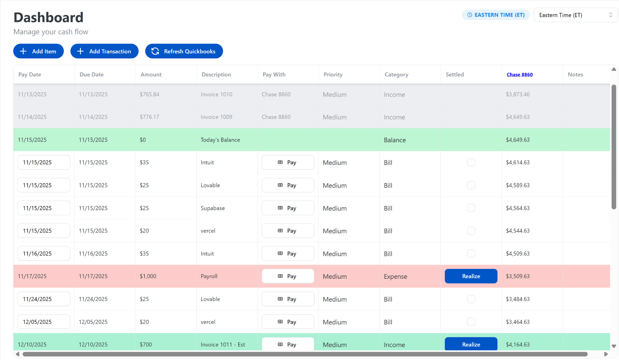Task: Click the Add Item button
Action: point(38,51)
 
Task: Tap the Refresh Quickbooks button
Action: point(184,51)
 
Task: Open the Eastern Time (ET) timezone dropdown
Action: point(575,15)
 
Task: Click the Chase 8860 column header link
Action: point(519,74)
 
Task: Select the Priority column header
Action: point(333,74)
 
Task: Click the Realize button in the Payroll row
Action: point(471,276)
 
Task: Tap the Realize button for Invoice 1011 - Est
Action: point(471,344)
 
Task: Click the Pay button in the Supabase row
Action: point(288,208)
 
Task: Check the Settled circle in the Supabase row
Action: point(471,208)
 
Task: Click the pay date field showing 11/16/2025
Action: point(44,254)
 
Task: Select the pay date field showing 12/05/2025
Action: point(44,322)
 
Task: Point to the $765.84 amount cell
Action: point(149,94)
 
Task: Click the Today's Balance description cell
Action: point(220,140)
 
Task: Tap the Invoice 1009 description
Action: point(216,117)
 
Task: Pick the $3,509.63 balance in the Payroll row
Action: point(517,276)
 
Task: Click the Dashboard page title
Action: point(48,17)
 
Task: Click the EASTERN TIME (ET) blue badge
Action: point(496,15)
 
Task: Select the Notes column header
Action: point(575,74)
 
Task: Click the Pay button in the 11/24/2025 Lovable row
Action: point(288,299)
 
